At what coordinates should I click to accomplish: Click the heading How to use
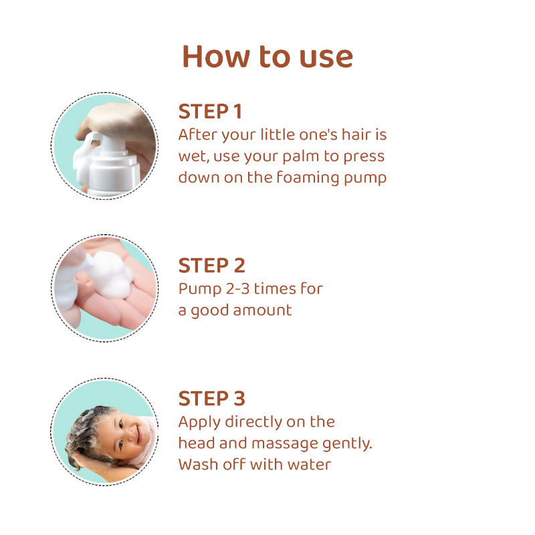click(267, 57)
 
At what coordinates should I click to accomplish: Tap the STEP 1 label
click(211, 112)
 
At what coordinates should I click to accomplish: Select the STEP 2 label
click(211, 265)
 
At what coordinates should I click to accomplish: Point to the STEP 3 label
click(211, 399)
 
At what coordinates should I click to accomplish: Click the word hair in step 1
click(354, 134)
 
